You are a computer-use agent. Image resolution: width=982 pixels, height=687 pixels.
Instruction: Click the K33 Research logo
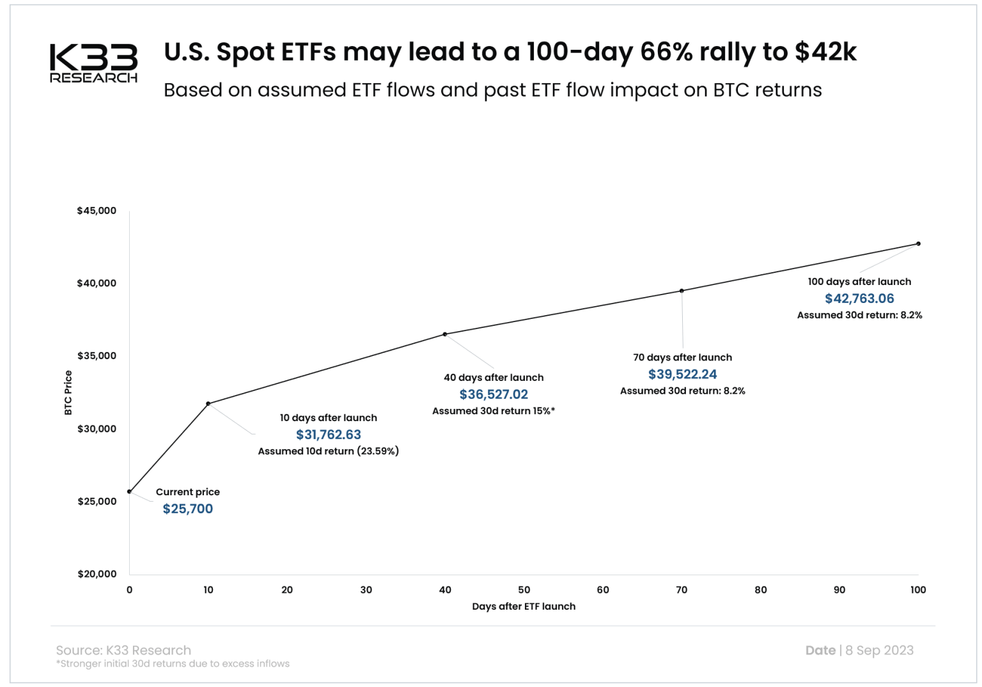pos(93,63)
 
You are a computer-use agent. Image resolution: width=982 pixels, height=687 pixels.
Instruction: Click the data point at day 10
pos(208,404)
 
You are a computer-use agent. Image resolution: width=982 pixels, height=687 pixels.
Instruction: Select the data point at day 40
pos(445,334)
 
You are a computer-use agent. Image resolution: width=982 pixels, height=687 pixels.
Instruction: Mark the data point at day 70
pos(682,291)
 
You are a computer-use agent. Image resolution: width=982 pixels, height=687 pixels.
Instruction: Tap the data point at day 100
pos(918,243)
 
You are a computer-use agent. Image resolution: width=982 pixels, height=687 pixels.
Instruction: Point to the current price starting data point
pos(130,491)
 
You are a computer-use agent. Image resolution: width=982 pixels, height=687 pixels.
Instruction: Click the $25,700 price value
pos(187,509)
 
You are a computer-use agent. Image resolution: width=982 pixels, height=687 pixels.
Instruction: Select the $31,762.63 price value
pos(328,435)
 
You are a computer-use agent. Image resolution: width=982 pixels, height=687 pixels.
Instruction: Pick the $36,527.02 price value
pos(494,395)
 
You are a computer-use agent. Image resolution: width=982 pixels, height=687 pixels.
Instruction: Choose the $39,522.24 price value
pos(682,374)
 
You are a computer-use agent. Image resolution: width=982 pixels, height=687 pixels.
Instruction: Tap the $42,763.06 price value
pos(859,298)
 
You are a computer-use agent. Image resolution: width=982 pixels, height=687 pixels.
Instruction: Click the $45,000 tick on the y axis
pos(97,211)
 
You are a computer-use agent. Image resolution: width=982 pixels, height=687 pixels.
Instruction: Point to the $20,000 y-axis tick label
pos(97,574)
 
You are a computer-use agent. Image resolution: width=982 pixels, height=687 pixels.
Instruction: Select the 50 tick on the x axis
pos(524,590)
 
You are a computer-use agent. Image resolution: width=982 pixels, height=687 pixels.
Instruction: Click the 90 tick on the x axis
pos(839,590)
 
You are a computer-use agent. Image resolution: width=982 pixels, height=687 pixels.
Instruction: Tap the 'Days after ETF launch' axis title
pos(524,606)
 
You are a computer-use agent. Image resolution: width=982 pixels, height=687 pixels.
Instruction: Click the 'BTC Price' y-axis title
pos(68,393)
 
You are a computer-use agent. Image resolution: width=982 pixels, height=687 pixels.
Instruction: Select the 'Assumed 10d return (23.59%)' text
pos(328,451)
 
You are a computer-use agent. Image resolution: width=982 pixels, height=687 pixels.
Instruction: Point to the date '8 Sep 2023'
pos(879,651)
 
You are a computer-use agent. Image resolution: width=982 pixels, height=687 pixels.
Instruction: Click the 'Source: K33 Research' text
pos(123,651)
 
